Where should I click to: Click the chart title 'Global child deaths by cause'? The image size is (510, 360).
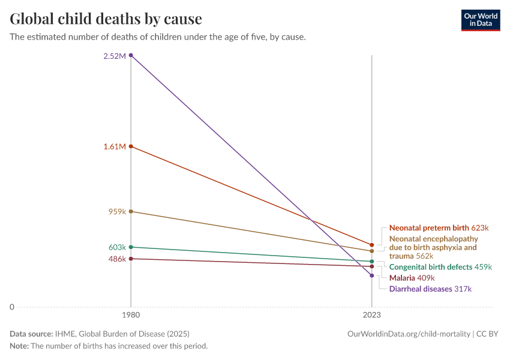(x=106, y=19)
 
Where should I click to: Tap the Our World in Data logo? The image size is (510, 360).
(x=480, y=20)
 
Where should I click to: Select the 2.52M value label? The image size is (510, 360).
(x=114, y=56)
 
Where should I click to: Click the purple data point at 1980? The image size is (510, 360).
(x=131, y=55)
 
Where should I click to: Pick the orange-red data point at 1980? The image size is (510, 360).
(x=131, y=146)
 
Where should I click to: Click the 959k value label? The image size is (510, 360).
(x=116, y=211)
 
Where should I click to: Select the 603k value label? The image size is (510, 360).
(x=116, y=247)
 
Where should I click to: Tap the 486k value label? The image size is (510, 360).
(x=116, y=259)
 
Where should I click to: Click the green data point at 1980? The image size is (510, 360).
(x=131, y=247)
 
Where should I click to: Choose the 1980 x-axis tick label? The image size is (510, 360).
(x=131, y=314)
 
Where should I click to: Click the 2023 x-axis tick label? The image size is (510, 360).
(x=372, y=314)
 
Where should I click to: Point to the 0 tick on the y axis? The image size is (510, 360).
(x=11, y=307)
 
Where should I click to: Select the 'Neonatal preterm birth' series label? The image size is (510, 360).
(x=428, y=228)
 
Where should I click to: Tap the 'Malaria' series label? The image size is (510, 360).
(x=401, y=278)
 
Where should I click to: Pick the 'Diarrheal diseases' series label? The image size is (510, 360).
(x=421, y=289)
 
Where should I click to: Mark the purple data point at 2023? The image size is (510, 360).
(x=372, y=275)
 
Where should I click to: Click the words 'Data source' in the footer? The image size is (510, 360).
(x=31, y=334)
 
